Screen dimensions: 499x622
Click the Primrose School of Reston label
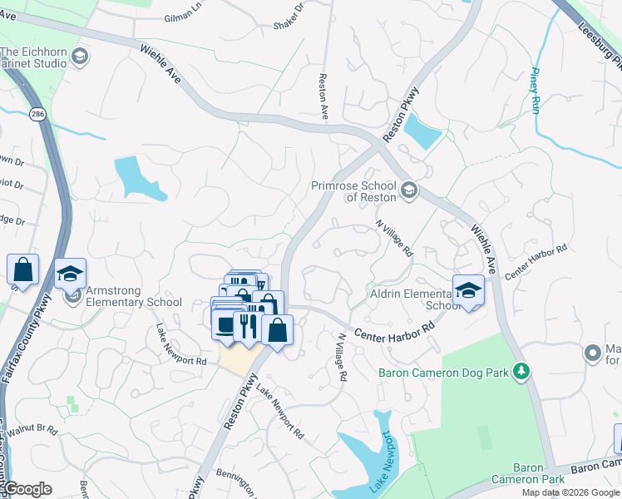[x=355, y=191]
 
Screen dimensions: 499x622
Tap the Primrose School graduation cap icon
[x=408, y=191]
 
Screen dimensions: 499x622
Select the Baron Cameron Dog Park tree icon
[x=521, y=371]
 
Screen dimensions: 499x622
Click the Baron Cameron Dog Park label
[x=442, y=373]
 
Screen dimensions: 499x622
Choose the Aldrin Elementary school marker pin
[x=468, y=291]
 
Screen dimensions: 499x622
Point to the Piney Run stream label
[x=536, y=89]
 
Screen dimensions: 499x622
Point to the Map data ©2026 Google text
[x=570, y=492]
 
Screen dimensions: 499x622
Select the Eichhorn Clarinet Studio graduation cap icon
[x=80, y=57]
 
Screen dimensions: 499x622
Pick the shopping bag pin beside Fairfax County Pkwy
[x=22, y=269]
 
